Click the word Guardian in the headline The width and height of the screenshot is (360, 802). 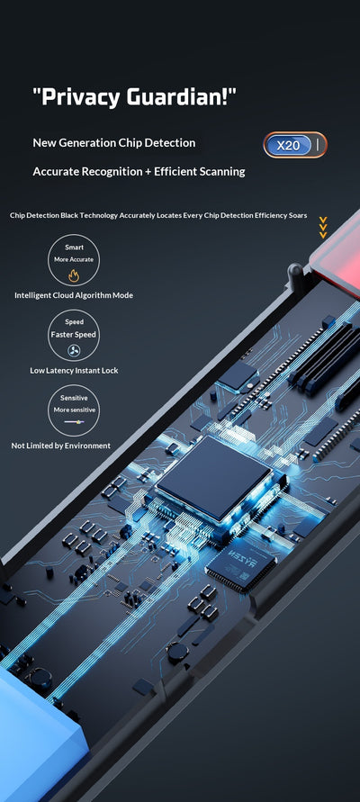(182, 96)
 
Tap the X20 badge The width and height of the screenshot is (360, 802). (295, 145)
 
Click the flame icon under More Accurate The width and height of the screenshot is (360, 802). (74, 276)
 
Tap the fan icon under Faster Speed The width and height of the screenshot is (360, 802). (74, 350)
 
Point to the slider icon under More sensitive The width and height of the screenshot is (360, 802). (74, 421)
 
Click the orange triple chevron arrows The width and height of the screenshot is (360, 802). (323, 228)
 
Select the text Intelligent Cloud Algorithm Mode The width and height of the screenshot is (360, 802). (74, 295)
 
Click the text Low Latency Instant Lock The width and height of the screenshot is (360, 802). (74, 370)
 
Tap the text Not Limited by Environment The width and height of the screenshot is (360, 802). (61, 446)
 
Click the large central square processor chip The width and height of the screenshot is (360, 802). (214, 479)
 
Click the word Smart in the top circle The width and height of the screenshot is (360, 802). (74, 247)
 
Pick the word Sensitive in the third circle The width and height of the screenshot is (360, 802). (74, 398)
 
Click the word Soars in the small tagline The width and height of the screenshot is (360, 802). (298, 215)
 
